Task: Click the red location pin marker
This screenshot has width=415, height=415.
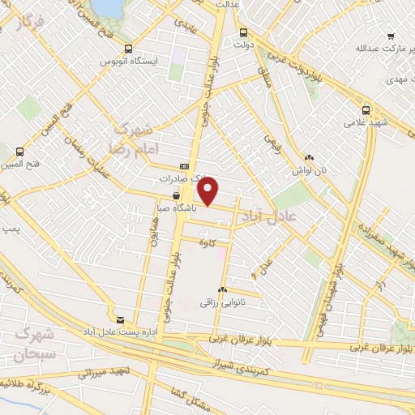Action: [x=209, y=191]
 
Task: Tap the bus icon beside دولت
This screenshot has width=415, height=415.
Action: [x=243, y=33]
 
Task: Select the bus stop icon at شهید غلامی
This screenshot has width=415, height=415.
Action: [x=366, y=109]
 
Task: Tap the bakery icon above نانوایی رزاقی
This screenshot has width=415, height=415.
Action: [x=222, y=289]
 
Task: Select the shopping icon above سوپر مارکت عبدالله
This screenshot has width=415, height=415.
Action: [x=391, y=36]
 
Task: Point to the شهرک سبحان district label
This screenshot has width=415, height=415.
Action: [x=35, y=344]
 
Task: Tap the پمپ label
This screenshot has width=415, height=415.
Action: [x=11, y=229]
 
